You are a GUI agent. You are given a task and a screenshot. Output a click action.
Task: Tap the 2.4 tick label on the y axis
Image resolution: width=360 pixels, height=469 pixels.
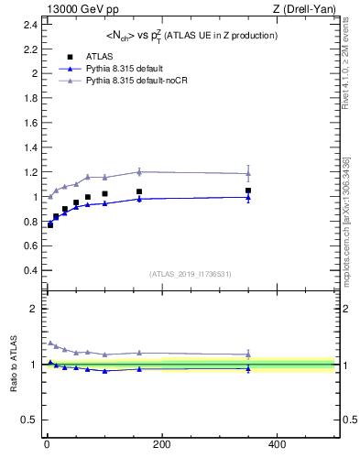pyautogui.click(x=30, y=24)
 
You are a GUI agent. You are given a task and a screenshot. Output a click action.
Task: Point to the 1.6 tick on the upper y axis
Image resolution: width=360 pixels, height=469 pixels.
pyautogui.click(x=30, y=123)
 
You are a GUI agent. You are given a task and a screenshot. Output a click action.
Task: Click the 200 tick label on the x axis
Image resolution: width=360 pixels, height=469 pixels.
pyautogui.click(x=162, y=444)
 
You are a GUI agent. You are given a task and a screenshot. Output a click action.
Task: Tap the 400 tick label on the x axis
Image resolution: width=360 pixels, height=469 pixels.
pyautogui.click(x=277, y=444)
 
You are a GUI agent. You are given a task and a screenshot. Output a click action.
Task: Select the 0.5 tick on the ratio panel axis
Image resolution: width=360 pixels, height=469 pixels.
pyautogui.click(x=30, y=420)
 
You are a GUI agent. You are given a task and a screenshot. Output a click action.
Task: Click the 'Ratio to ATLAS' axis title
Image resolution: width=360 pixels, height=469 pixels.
pyautogui.click(x=13, y=365)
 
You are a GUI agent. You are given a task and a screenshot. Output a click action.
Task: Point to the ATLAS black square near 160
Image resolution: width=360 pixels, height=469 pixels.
pyautogui.click(x=139, y=191)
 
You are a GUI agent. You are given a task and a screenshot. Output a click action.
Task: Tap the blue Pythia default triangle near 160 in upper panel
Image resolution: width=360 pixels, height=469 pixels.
pyautogui.click(x=139, y=199)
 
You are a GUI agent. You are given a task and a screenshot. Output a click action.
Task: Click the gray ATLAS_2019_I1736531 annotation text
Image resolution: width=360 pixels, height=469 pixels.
pyautogui.click(x=190, y=274)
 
